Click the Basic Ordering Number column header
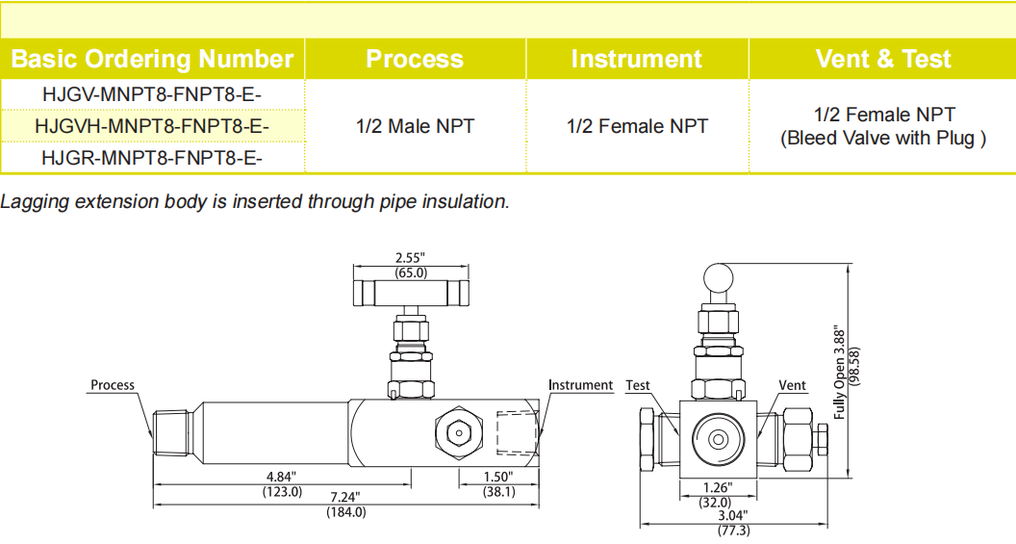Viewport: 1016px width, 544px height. [152, 59]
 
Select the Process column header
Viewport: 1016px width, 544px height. [415, 59]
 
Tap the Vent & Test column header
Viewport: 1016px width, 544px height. [882, 59]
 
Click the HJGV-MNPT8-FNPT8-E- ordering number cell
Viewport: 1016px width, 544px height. [152, 94]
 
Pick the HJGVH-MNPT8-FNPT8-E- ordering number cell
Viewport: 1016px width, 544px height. [152, 126]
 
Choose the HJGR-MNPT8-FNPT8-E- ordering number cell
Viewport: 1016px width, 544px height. [152, 157]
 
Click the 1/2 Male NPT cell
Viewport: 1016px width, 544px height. [415, 126]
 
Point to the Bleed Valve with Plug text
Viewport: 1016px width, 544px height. [882, 139]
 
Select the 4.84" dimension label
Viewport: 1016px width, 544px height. [282, 477]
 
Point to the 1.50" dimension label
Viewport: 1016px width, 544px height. [498, 477]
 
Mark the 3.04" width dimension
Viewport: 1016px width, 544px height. [733, 515]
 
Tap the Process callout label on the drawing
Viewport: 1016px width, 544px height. [113, 385]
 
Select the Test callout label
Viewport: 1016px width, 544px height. [638, 385]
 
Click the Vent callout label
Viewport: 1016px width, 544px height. [792, 385]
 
